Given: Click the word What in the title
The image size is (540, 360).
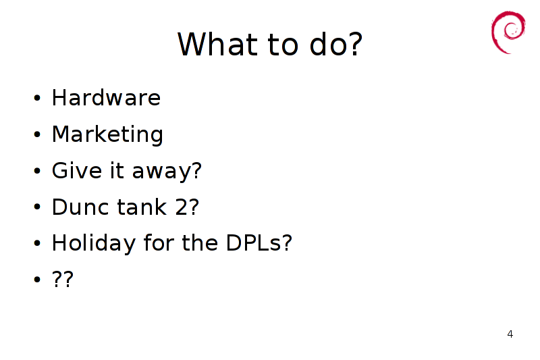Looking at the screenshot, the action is (217, 44).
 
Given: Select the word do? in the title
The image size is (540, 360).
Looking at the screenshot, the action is (335, 43).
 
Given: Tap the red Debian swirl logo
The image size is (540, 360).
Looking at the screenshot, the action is (508, 32).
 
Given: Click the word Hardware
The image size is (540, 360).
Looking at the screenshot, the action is (106, 97).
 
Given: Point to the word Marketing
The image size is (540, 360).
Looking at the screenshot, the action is (107, 134).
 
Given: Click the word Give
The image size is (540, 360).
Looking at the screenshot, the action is (77, 170).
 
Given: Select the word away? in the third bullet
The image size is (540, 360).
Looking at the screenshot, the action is (167, 171).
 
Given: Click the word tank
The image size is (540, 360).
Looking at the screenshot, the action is (142, 207).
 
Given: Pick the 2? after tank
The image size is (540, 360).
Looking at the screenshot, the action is (187, 207).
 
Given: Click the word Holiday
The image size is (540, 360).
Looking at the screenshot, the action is (94, 244).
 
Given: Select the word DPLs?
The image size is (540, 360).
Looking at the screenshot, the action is (259, 243).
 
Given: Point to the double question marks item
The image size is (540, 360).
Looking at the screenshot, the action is (63, 279).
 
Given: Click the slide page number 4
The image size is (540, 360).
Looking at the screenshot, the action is (510, 334).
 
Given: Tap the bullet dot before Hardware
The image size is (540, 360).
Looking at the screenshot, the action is (37, 98).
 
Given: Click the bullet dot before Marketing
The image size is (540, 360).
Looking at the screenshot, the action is (37, 134).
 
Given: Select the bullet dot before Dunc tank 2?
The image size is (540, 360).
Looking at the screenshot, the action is (37, 207).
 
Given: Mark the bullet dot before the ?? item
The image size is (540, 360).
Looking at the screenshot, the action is (37, 280).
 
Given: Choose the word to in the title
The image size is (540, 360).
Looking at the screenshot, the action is (282, 45).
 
